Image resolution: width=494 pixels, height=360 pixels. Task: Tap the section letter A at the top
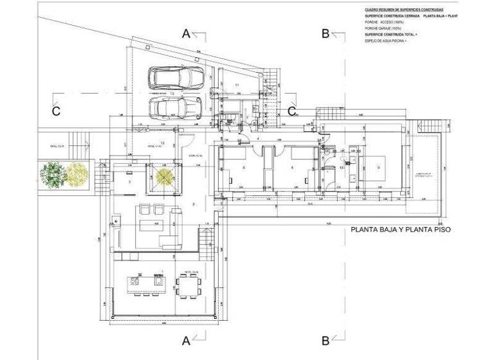(x=187, y=34)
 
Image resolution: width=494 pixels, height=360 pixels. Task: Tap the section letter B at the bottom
(x=325, y=340)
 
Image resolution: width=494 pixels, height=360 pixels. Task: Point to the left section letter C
(x=56, y=111)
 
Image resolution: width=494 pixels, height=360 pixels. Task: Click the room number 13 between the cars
(x=172, y=93)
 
